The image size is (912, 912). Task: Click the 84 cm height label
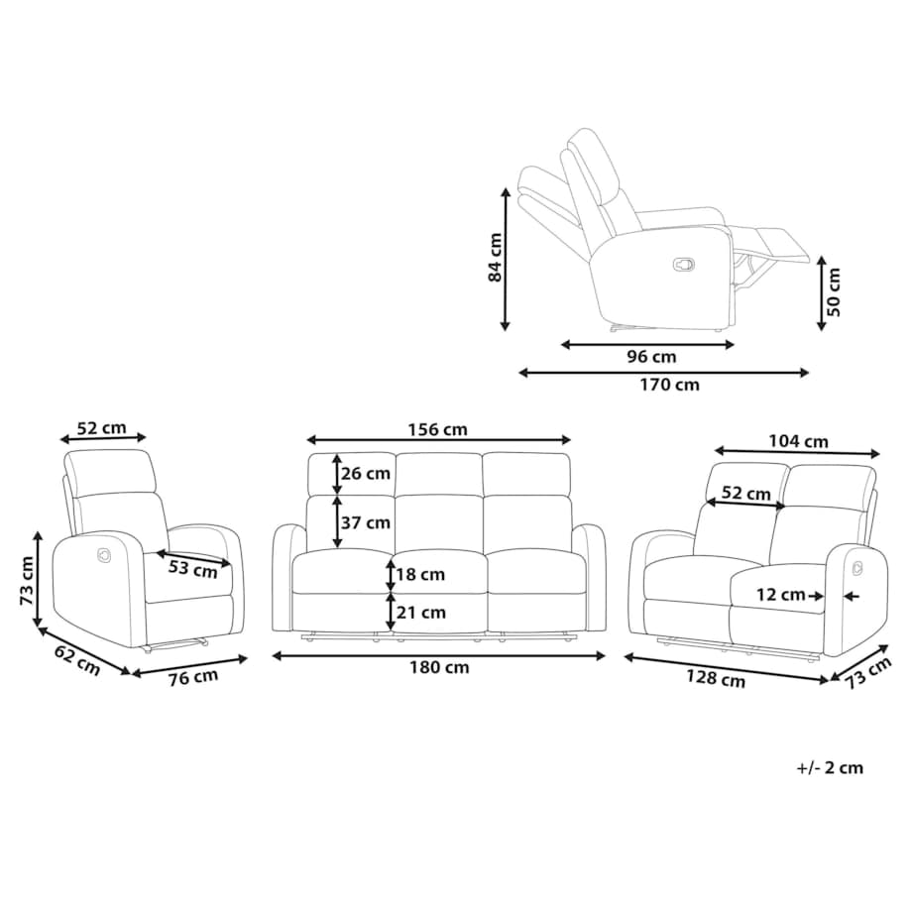[x=495, y=257]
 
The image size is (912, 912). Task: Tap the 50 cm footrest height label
[x=834, y=292]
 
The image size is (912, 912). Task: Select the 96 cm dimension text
[x=651, y=357]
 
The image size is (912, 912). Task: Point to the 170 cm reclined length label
[x=669, y=385]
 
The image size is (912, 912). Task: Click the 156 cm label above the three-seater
[x=437, y=430]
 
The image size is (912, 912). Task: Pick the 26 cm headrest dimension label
[x=365, y=474]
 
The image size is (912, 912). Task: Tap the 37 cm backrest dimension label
[x=365, y=522]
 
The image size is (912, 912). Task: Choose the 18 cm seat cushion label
[x=420, y=575]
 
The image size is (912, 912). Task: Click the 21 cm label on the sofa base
[x=421, y=613]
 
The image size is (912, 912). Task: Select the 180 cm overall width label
[x=439, y=667]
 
